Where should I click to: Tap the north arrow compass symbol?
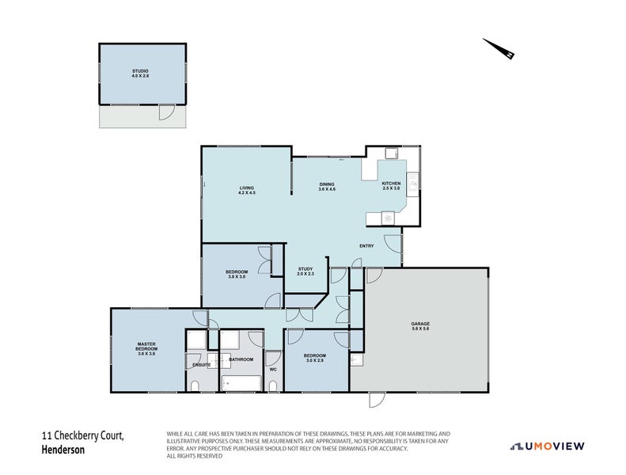click(x=500, y=49)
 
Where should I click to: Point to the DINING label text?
click(x=327, y=186)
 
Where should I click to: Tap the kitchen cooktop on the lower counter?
click(x=388, y=217)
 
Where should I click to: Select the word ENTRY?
click(x=366, y=245)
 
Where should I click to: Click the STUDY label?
click(x=305, y=269)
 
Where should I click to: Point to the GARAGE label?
click(x=420, y=325)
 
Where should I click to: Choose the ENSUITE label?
click(x=201, y=364)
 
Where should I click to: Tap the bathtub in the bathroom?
click(x=241, y=383)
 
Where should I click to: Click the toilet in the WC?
click(x=273, y=386)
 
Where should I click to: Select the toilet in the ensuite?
click(x=195, y=386)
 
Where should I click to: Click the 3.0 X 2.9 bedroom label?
click(x=314, y=360)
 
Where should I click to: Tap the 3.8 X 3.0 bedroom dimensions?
click(x=237, y=277)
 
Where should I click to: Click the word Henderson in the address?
click(x=63, y=450)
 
